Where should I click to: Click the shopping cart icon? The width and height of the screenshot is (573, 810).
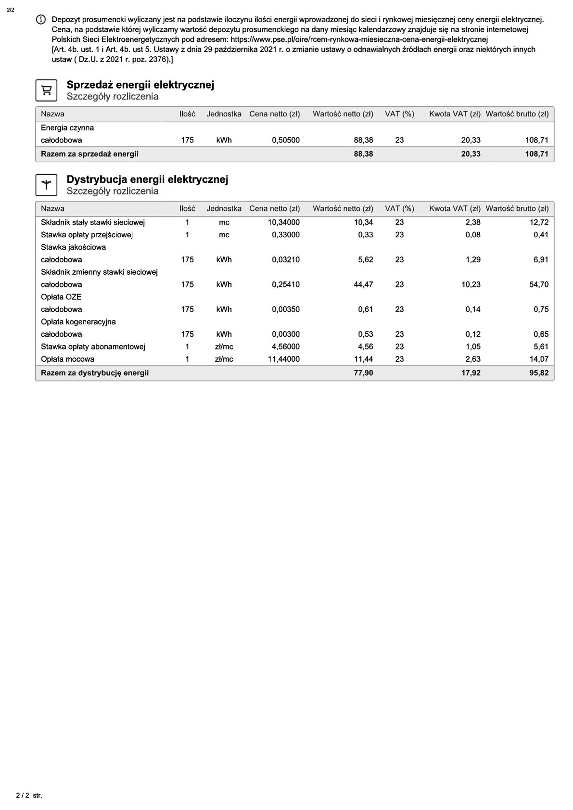pyautogui.click(x=46, y=90)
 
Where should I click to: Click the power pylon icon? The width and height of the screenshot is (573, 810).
pyautogui.click(x=46, y=185)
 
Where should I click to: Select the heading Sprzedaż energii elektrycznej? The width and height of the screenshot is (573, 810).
pyautogui.click(x=140, y=85)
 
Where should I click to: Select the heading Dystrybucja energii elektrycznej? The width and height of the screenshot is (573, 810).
pyautogui.click(x=147, y=179)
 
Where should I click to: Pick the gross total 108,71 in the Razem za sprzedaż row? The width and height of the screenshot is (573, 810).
pyautogui.click(x=536, y=154)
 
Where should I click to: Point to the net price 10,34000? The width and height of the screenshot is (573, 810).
pyautogui.click(x=283, y=222)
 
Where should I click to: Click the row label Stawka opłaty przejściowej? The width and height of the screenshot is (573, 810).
pyautogui.click(x=87, y=235)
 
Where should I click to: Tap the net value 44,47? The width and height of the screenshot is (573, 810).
pyautogui.click(x=363, y=284)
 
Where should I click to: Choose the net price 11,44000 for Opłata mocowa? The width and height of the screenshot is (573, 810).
pyautogui.click(x=283, y=359)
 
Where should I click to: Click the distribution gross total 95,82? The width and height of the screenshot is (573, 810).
pyautogui.click(x=539, y=373)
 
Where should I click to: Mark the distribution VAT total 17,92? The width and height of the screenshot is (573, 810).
pyautogui.click(x=471, y=373)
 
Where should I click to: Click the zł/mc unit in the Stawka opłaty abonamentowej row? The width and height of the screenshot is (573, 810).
pyautogui.click(x=224, y=346)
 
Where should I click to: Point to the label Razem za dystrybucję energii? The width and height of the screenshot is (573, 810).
pyautogui.click(x=95, y=373)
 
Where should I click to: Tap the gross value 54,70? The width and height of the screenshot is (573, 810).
pyautogui.click(x=539, y=284)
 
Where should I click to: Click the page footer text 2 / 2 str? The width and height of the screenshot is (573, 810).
pyautogui.click(x=29, y=796)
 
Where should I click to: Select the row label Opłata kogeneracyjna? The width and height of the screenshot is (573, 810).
pyautogui.click(x=78, y=322)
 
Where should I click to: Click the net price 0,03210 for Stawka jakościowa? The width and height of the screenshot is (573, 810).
pyautogui.click(x=285, y=260)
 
